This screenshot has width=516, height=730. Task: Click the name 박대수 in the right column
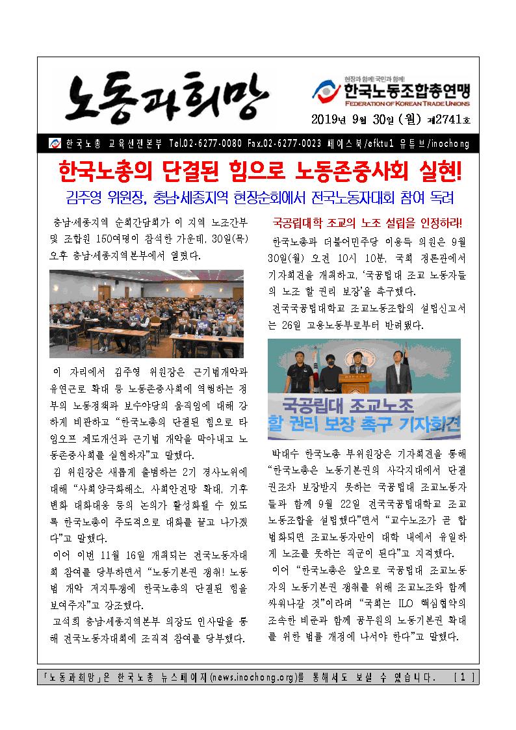[285, 452]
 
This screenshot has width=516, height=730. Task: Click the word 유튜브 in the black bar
[426, 143]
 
